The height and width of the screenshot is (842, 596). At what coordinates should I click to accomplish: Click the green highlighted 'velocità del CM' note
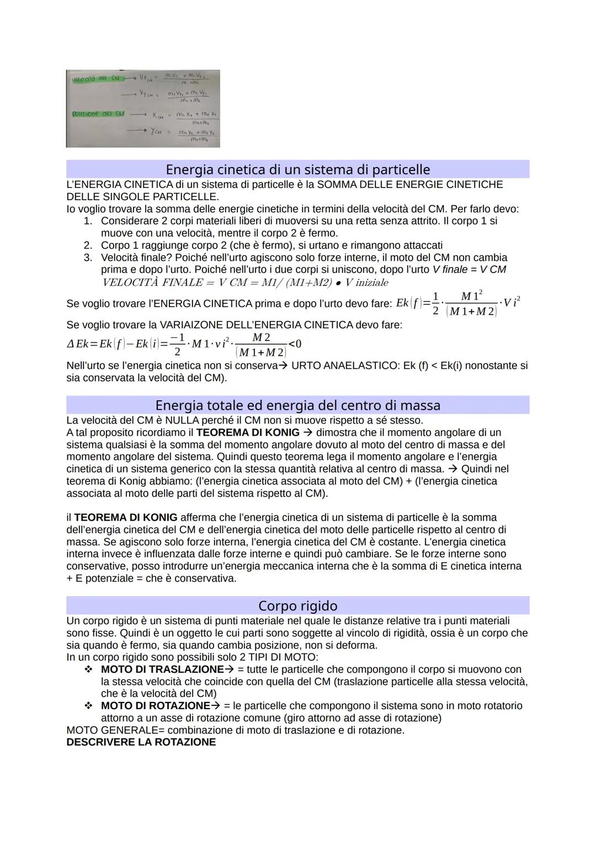(x=92, y=78)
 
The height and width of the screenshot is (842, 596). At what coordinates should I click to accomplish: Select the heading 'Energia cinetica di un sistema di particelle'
(x=297, y=169)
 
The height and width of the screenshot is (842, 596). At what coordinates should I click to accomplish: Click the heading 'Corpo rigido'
(x=297, y=605)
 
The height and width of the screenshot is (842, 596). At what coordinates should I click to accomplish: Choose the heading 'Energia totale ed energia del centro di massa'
(x=297, y=405)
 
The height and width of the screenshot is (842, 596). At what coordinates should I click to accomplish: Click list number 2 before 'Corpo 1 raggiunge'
(x=87, y=245)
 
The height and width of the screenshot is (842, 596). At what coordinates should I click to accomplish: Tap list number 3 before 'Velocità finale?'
(x=87, y=258)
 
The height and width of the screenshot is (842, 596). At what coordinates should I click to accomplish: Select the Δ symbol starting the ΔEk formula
(x=70, y=344)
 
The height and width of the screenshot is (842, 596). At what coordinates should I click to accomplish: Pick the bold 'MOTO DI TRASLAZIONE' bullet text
(x=162, y=669)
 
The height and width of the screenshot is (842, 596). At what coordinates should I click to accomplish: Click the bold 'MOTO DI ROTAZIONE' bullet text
(x=155, y=706)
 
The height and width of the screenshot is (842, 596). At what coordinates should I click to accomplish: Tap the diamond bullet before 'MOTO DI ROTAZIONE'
(x=87, y=706)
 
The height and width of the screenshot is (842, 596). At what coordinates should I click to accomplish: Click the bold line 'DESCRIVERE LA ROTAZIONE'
(x=141, y=742)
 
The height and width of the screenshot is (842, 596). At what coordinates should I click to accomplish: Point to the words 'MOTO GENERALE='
(x=115, y=730)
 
